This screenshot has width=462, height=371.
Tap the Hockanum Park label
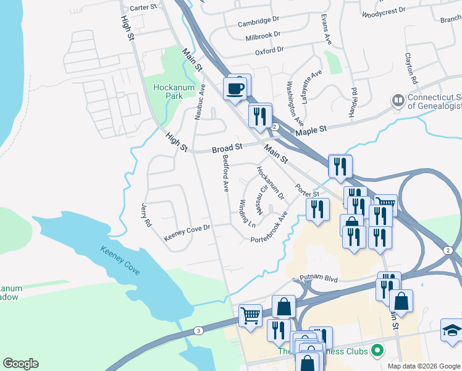(174, 92)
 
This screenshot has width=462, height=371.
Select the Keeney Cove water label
(120, 261)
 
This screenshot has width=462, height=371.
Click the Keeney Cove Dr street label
(187, 232)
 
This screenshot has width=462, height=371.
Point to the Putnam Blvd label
(319, 279)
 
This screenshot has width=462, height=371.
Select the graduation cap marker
(452, 330)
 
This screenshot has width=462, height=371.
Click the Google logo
(20, 364)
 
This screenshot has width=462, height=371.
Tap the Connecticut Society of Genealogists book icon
(398, 100)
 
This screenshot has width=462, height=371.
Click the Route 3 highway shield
(198, 331)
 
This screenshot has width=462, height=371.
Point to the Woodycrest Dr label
(384, 11)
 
